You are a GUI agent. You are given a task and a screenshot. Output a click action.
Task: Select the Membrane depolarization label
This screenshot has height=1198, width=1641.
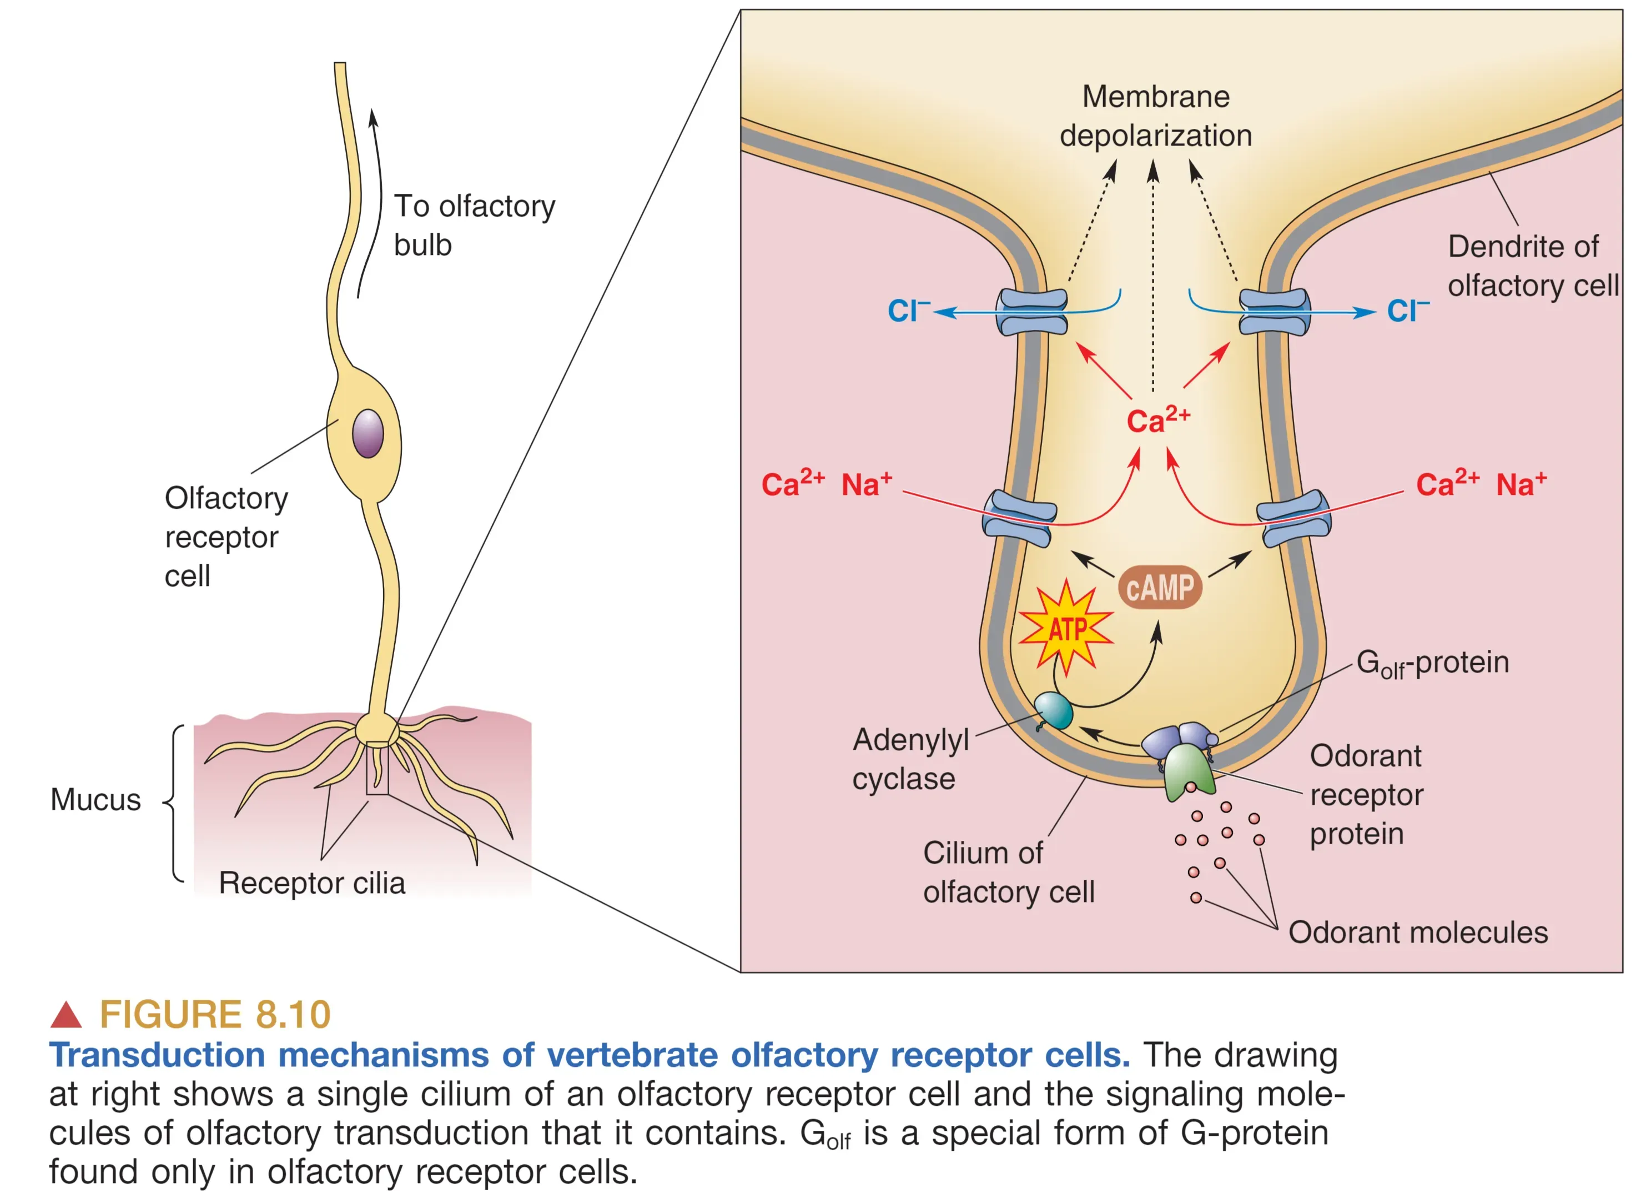click(1155, 116)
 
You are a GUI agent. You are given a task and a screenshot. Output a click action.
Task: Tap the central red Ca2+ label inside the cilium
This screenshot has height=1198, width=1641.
click(1157, 420)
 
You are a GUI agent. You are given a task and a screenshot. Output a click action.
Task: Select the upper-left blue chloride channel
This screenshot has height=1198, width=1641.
click(1031, 312)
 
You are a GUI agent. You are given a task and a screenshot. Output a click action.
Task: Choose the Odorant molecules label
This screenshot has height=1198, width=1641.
click(1418, 933)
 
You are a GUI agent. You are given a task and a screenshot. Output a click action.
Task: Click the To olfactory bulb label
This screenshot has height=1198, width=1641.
click(474, 225)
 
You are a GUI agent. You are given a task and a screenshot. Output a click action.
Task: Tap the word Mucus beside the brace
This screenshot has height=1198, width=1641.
click(95, 800)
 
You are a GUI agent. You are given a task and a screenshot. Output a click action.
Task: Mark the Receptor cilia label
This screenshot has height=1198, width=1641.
click(311, 883)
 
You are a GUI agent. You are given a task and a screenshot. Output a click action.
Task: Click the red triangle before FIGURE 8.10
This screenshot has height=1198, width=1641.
click(66, 1015)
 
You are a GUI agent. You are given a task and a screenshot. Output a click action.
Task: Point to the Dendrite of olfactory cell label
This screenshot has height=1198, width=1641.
click(1532, 266)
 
